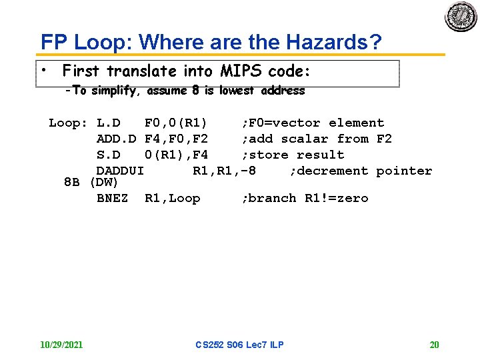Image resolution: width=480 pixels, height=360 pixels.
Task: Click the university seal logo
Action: tap(461, 17)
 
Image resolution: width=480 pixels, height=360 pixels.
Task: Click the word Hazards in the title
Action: tap(333, 42)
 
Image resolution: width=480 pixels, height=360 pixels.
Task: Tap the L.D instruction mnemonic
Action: tap(108, 123)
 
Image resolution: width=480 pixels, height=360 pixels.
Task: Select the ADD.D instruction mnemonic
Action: tap(116, 139)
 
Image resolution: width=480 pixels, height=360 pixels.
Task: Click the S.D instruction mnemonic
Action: tap(108, 155)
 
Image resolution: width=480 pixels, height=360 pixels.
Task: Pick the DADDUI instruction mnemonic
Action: tap(120, 171)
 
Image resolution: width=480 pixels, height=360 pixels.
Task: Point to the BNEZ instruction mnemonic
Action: tap(112, 198)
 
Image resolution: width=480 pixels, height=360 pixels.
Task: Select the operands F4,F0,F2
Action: tap(176, 139)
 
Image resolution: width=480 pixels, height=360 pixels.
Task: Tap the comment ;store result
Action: tap(293, 155)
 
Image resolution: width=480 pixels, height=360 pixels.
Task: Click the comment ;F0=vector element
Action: tap(313, 123)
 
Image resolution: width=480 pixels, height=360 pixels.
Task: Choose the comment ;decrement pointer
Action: tap(361, 171)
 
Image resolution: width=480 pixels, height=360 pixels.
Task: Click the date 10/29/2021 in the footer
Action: tap(61, 345)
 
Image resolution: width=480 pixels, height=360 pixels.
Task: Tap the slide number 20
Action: tap(434, 345)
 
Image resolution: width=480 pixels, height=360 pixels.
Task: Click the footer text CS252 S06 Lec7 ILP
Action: tap(239, 345)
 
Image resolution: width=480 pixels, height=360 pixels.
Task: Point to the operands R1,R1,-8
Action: tap(224, 171)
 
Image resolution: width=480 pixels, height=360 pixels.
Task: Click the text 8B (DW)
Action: tap(91, 182)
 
